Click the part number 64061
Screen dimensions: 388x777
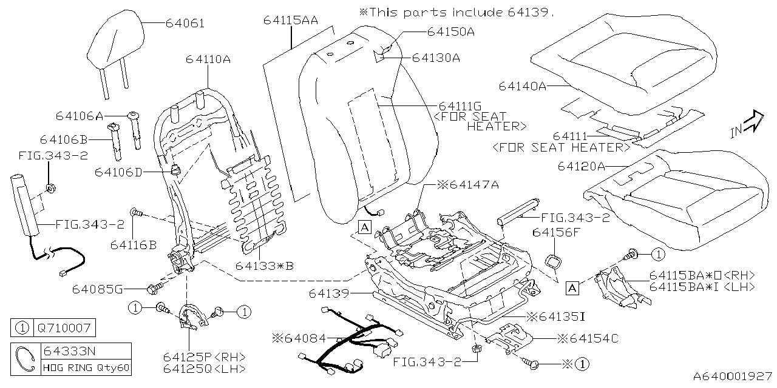click(185, 24)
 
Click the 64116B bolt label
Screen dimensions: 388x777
click(134, 244)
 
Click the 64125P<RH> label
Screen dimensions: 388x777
click(204, 356)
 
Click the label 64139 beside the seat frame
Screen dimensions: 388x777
click(328, 293)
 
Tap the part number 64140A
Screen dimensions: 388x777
click(523, 87)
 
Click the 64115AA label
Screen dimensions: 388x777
click(290, 20)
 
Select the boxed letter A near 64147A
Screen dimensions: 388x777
click(364, 227)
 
